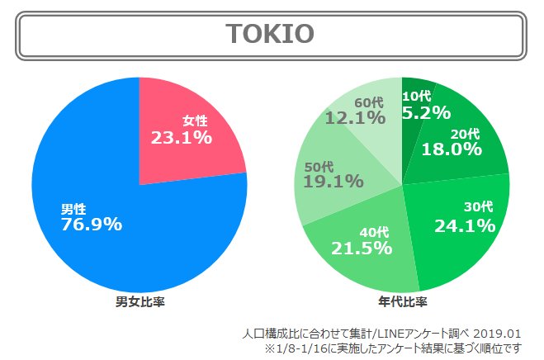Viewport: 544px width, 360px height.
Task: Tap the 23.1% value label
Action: (x=181, y=138)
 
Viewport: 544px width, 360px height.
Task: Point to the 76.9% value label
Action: (x=92, y=224)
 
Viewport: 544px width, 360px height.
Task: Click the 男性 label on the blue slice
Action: (x=73, y=207)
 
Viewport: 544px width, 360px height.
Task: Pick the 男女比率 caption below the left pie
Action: (x=140, y=302)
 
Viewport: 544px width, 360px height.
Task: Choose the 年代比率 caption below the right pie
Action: (x=401, y=302)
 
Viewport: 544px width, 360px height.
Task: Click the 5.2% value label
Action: (x=426, y=113)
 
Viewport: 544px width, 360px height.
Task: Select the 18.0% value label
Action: (x=451, y=149)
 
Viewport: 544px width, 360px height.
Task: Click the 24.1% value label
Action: (x=466, y=225)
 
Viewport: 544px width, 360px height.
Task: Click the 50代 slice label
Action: (x=319, y=164)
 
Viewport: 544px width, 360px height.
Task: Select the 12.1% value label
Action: (x=355, y=118)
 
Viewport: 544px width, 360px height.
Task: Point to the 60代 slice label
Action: (x=369, y=102)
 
